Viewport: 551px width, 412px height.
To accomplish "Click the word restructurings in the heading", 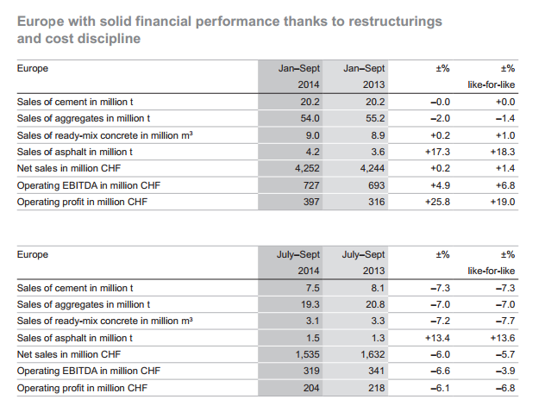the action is tap(395, 22).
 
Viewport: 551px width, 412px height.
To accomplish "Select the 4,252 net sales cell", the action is tap(307, 169).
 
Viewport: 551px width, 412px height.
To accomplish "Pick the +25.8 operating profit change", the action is tap(437, 202).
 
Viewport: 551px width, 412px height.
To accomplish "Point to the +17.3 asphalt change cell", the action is tap(437, 152).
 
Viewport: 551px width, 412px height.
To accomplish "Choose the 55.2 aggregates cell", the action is tap(375, 118).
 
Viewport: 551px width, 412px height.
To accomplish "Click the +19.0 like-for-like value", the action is tap(503, 202).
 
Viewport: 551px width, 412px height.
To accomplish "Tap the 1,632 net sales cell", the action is tap(373, 354).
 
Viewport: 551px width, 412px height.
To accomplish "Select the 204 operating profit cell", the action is tap(311, 388).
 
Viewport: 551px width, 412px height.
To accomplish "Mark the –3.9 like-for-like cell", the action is tap(505, 371).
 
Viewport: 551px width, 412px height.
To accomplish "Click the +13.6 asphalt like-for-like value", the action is tap(503, 338).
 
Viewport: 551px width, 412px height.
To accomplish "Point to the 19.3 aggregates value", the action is tap(310, 304).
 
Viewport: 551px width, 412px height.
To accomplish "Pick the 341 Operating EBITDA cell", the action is tap(376, 371).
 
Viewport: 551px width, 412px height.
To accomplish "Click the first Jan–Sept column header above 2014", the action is tap(299, 68).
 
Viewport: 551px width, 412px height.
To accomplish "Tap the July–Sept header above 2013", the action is tap(363, 254).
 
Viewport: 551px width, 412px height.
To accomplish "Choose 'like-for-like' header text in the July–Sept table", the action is tap(492, 271).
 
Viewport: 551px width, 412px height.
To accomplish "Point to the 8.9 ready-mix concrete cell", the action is tap(378, 135).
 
